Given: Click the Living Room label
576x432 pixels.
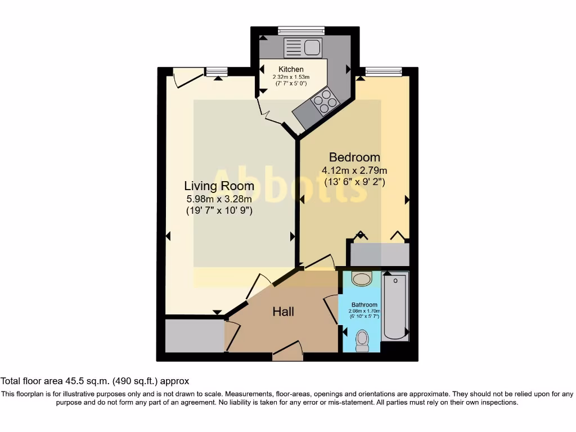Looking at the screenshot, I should click(x=219, y=186).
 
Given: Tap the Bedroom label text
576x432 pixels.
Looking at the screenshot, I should click(x=354, y=157).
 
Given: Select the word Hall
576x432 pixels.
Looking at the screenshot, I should click(x=283, y=311).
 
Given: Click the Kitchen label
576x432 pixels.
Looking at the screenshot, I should click(x=291, y=69).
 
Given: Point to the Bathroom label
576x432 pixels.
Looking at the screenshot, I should click(x=364, y=304).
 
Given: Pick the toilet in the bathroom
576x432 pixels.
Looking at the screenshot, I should click(x=362, y=340).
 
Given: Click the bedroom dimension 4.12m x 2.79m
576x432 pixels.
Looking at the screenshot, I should click(x=354, y=170).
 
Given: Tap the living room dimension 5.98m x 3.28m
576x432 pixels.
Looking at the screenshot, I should click(x=219, y=199).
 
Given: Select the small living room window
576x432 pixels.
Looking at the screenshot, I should click(x=216, y=71).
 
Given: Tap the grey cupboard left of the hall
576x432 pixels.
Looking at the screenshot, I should click(x=194, y=336).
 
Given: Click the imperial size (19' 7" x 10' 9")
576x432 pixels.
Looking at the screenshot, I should click(x=219, y=211).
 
